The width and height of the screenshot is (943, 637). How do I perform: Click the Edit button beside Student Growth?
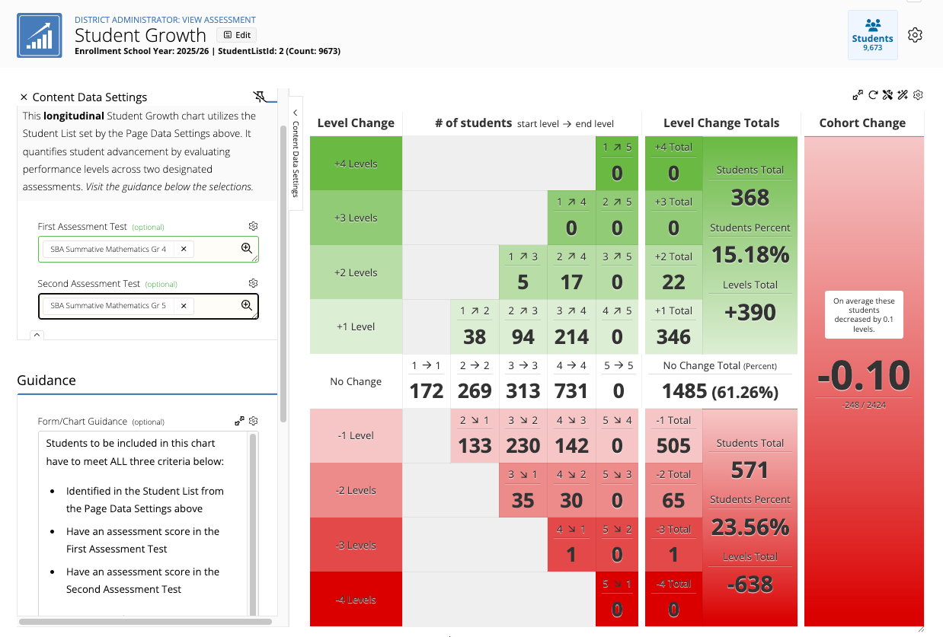click(237, 35)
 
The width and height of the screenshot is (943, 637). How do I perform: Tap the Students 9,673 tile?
click(872, 35)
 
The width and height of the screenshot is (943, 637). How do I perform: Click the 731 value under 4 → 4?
click(571, 391)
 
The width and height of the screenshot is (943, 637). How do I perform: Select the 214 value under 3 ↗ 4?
click(571, 336)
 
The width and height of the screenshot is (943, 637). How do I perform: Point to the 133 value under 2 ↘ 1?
click(475, 445)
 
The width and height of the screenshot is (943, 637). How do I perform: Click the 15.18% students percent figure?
click(750, 254)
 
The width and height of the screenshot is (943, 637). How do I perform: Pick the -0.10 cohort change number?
click(864, 375)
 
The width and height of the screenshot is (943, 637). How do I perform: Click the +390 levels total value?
click(750, 312)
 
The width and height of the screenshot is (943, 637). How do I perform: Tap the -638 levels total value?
click(750, 584)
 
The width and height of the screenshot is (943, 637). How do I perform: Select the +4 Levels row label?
click(356, 164)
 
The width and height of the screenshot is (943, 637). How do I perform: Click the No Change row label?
click(356, 381)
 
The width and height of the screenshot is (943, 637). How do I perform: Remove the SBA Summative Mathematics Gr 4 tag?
click(184, 249)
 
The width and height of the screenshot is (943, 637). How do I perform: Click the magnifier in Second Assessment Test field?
click(247, 305)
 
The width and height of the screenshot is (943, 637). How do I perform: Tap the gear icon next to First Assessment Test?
click(253, 226)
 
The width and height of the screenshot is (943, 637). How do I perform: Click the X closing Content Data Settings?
click(24, 97)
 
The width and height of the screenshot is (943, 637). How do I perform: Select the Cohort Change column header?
click(862, 123)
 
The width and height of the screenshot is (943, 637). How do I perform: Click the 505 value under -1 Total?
click(673, 445)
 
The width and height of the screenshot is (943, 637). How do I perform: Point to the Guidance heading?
click(46, 380)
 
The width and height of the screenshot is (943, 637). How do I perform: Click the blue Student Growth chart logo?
click(40, 35)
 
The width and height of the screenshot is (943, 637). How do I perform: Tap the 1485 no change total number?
click(684, 391)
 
